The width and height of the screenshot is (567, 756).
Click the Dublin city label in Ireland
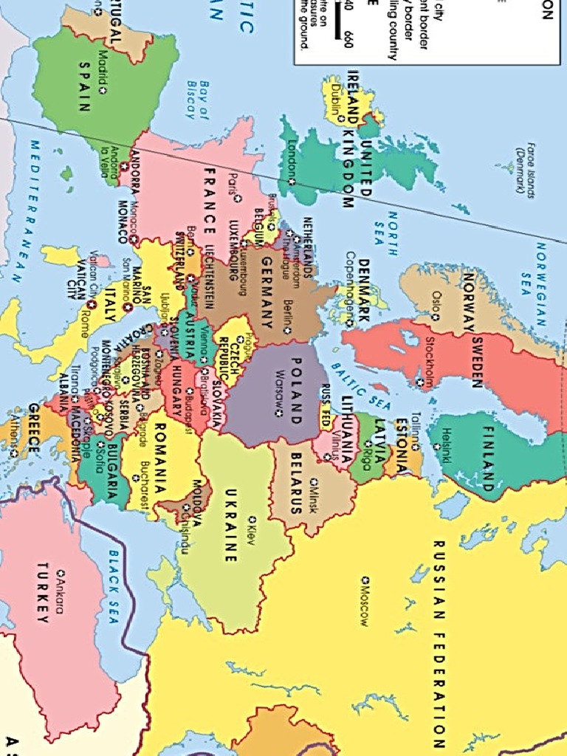pyautogui.click(x=337, y=101)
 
